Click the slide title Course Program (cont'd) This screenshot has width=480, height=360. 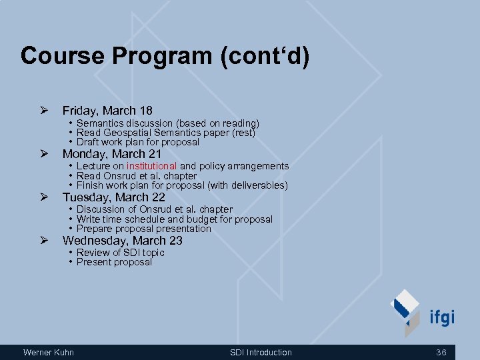pyautogui.click(x=165, y=55)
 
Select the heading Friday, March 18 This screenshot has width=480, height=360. pyautogui.click(x=107, y=111)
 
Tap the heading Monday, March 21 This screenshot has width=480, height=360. pyautogui.click(x=112, y=154)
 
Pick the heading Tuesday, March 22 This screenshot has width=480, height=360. pyautogui.click(x=113, y=197)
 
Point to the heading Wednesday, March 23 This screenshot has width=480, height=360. pyautogui.click(x=122, y=241)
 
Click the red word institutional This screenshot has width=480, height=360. pyautogui.click(x=152, y=166)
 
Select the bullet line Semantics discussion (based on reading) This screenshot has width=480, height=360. pyautogui.click(x=167, y=123)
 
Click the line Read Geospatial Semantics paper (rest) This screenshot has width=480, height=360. pyautogui.click(x=165, y=133)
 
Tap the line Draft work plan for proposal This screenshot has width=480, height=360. pyautogui.click(x=137, y=142)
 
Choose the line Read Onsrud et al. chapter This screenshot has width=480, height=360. pyautogui.click(x=136, y=176)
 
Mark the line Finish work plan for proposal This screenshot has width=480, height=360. pyautogui.click(x=181, y=185)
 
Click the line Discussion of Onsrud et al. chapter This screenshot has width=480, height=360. pyautogui.click(x=154, y=209)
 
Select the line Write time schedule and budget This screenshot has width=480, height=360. pyautogui.click(x=174, y=219)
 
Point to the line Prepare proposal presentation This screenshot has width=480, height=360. pyautogui.click(x=143, y=229)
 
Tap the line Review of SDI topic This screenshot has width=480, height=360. pyautogui.click(x=120, y=253)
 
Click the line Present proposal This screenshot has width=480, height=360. pyautogui.click(x=114, y=262)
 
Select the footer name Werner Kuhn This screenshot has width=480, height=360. pyautogui.click(x=49, y=352)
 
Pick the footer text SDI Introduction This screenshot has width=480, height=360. pyautogui.click(x=261, y=352)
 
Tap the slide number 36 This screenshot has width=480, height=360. pyautogui.click(x=441, y=352)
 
